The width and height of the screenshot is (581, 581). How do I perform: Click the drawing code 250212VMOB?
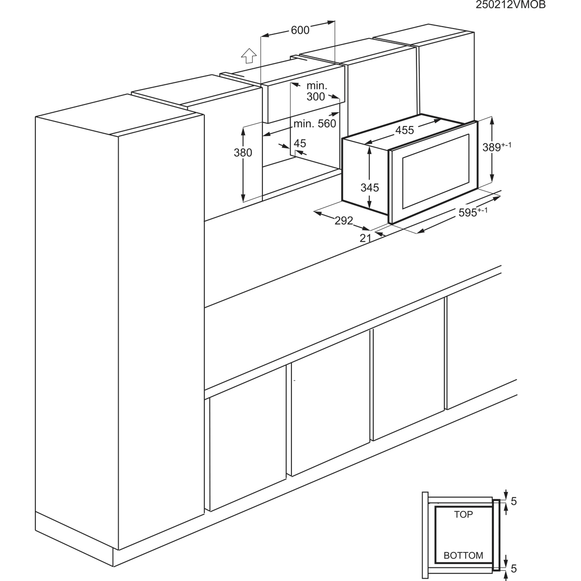click(511, 5)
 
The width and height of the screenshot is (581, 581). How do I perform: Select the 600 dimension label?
click(300, 30)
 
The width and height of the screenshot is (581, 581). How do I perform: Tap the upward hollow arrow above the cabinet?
click(249, 56)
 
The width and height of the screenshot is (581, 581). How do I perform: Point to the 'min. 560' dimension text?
click(315, 123)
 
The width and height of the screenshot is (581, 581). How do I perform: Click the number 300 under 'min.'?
click(316, 96)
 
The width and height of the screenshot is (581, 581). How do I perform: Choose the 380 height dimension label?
click(243, 153)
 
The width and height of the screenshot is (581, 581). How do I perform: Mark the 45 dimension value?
click(300, 143)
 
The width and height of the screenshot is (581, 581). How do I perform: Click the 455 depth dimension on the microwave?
click(405, 130)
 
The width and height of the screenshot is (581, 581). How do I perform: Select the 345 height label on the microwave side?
click(369, 187)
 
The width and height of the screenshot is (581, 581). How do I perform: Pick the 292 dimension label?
click(344, 221)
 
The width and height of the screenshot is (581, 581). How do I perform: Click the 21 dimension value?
click(365, 238)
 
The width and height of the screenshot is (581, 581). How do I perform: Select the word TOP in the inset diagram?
click(463, 514)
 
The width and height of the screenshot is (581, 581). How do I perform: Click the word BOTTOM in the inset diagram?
click(463, 555)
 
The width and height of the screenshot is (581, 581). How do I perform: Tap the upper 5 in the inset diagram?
click(514, 501)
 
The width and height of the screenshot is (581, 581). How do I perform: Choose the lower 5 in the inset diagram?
click(514, 568)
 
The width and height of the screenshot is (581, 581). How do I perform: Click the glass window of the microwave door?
click(436, 170)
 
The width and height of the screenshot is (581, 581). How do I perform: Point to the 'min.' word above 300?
click(317, 86)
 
